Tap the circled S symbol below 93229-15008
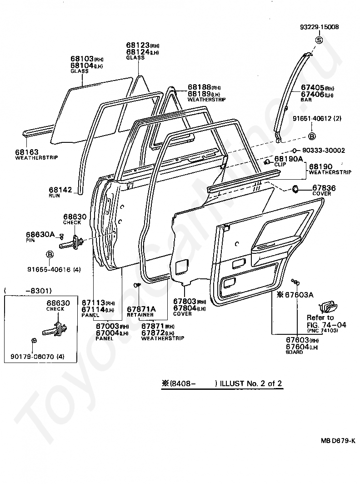[319, 40]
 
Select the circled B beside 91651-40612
[312, 136]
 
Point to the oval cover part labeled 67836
[294, 188]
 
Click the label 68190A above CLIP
[288, 159]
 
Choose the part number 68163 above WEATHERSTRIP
[27, 152]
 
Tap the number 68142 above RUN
[60, 189]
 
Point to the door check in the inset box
[55, 328]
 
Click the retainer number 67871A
[141, 309]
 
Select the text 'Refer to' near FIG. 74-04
[320, 318]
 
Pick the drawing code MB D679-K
[338, 440]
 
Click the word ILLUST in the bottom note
[232, 383]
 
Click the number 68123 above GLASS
[137, 45]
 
